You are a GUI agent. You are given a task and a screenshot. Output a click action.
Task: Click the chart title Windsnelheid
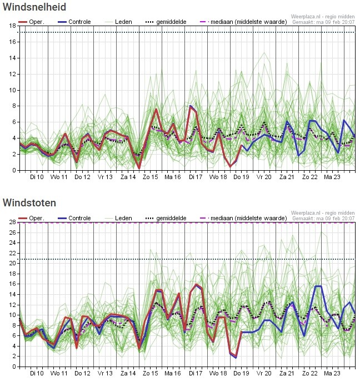pyautogui.click(x=34, y=7)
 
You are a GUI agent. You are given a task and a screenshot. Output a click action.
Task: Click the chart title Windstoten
pyautogui.click(x=29, y=203)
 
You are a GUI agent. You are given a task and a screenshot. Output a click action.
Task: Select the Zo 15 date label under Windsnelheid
pyautogui.click(x=151, y=177)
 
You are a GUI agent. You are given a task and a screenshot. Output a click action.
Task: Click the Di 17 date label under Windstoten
pyautogui.click(x=196, y=373)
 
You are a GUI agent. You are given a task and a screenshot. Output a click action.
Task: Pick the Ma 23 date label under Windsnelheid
pyautogui.click(x=332, y=177)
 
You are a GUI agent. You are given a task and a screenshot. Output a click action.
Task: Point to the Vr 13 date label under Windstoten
pyautogui.click(x=105, y=373)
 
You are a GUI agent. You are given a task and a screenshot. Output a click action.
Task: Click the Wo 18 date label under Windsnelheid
pyautogui.click(x=218, y=177)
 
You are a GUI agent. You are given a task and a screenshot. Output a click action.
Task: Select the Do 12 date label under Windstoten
pyautogui.click(x=82, y=373)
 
